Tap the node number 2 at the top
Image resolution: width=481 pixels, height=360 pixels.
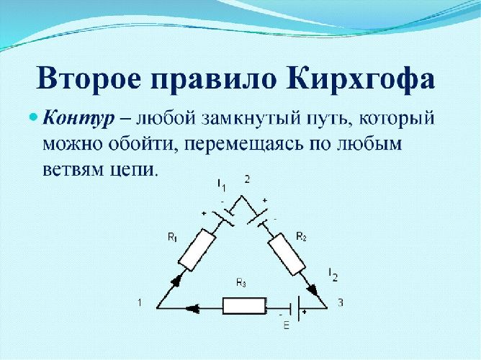pos(246,179)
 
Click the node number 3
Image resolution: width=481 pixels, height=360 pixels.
pos(340,303)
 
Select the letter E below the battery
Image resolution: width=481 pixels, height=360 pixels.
pos(286,327)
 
